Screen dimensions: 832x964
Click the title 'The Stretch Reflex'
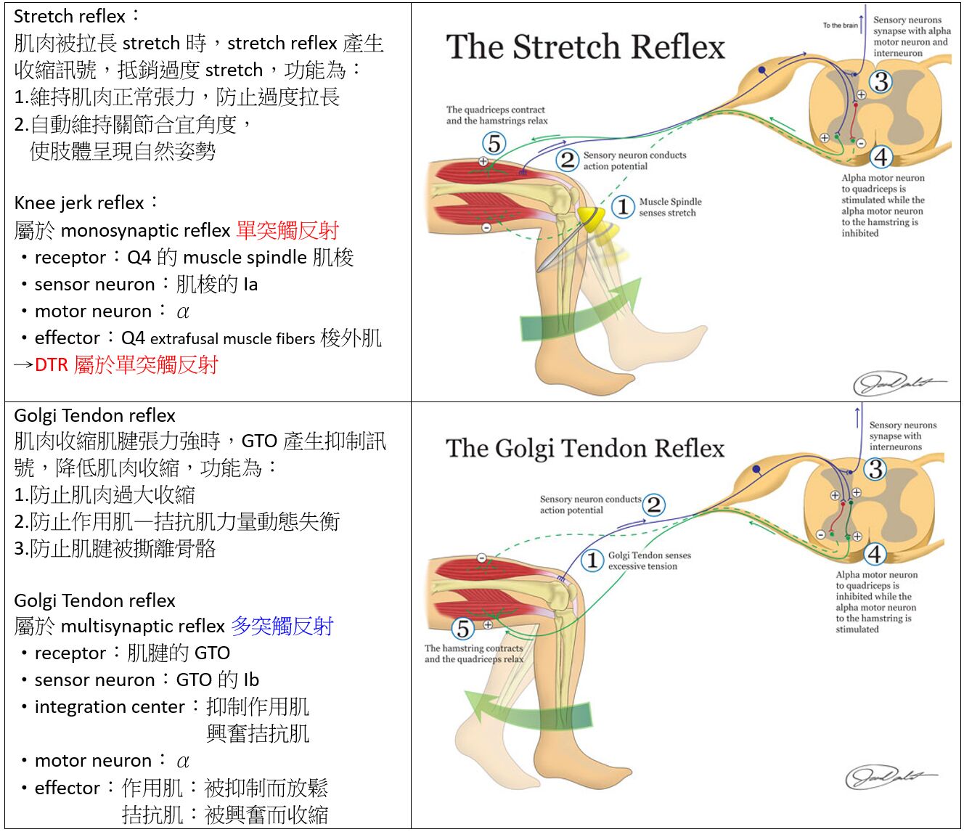pos(585,47)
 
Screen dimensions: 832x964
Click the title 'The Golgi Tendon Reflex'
pos(585,449)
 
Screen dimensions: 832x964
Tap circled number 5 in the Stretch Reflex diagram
pos(494,143)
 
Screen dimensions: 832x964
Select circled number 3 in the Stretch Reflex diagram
pos(881,81)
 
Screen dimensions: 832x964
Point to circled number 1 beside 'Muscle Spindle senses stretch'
pos(622,207)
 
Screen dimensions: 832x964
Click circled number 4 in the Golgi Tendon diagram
pos(875,554)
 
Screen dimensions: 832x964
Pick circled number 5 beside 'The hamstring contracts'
pos(463,628)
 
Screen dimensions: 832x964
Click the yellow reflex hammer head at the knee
pos(592,218)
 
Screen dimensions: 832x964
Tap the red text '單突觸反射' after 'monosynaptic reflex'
pos(287,230)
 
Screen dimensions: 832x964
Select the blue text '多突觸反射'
pos(282,626)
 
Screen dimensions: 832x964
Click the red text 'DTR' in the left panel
pos(51,365)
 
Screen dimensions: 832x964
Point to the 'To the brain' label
pos(840,25)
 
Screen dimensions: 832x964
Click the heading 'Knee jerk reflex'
pos(79,203)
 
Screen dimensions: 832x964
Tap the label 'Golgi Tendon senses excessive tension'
pos(649,560)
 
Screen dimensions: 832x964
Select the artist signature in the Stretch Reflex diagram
pos(898,382)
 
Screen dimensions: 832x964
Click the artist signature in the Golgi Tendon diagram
pos(890,777)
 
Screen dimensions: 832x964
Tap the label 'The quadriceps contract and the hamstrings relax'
pos(497,115)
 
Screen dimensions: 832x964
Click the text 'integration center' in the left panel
pos(109,707)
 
